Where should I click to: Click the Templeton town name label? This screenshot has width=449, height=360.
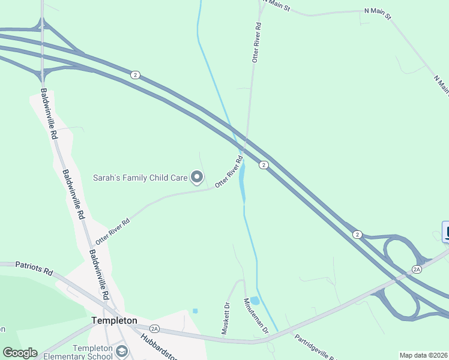tap(114, 320)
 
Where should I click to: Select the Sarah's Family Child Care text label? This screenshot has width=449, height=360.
tap(140, 178)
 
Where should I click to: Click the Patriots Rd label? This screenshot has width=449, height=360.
tap(34, 268)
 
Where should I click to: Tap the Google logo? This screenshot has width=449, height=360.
tap(19, 353)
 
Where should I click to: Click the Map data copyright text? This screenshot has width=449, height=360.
tap(423, 355)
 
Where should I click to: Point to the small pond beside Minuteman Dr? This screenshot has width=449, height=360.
tap(255, 301)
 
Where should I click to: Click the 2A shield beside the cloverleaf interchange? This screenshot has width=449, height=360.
tap(417, 269)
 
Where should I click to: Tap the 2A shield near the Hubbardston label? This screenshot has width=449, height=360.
tap(154, 328)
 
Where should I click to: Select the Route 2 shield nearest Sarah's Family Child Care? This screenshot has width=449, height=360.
tap(263, 164)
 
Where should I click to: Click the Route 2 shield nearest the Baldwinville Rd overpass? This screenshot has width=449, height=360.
tap(136, 74)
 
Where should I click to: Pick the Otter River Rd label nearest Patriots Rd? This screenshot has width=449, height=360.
tap(112, 230)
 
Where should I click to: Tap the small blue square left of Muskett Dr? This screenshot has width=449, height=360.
tap(194, 311)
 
